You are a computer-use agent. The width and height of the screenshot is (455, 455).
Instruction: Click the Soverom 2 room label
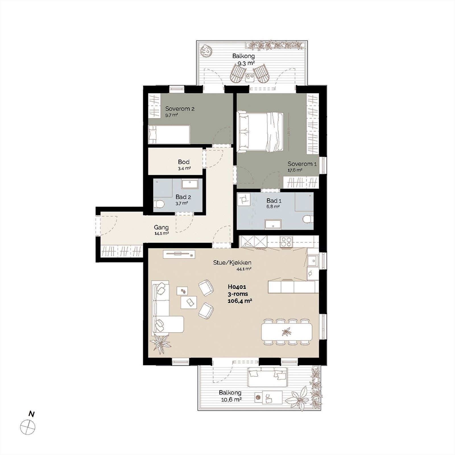180,109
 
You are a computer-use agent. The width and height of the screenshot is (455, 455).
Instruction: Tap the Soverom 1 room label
302,164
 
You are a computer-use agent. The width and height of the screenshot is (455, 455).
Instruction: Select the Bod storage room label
184,162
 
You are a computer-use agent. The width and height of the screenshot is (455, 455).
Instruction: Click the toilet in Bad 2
160,204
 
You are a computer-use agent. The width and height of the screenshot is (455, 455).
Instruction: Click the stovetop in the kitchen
286,242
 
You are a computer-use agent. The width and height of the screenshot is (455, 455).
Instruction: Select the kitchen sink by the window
312,260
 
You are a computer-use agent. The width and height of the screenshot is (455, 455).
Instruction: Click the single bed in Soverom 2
169,135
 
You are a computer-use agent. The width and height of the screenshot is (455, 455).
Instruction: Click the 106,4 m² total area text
240,301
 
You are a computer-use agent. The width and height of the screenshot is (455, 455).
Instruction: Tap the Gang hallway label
161,227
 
